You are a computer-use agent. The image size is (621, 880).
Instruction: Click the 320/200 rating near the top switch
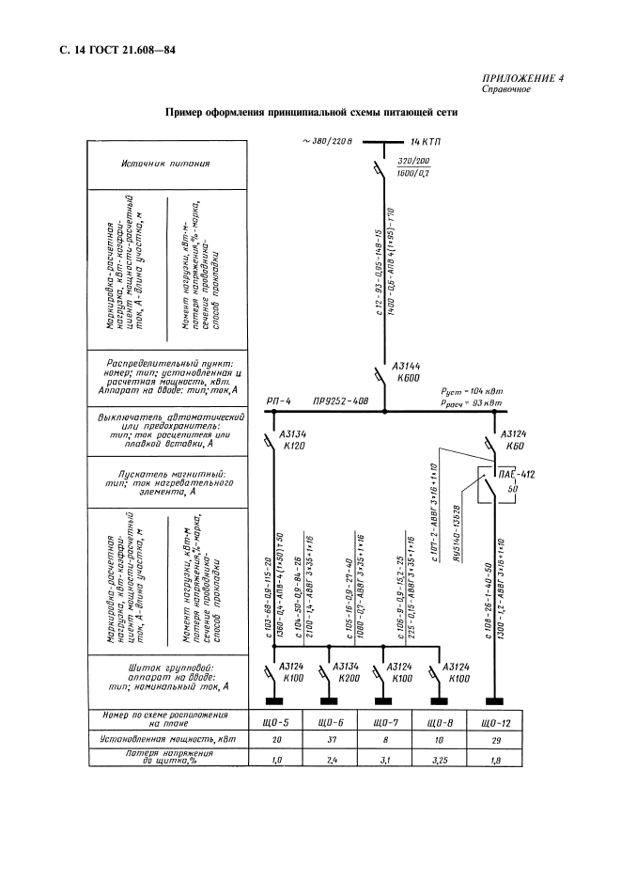(408, 163)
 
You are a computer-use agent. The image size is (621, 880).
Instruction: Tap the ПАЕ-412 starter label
(517, 477)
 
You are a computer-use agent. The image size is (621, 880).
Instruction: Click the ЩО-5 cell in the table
(279, 723)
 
